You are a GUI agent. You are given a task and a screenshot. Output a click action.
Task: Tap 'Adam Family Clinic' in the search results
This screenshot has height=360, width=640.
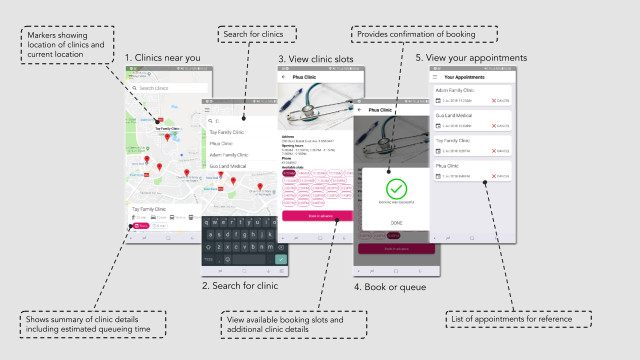[x=229, y=155]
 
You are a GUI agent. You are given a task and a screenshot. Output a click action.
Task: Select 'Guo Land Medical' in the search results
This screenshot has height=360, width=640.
[x=228, y=166]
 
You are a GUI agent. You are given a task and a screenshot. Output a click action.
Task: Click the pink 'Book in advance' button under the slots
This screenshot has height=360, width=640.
[x=320, y=216]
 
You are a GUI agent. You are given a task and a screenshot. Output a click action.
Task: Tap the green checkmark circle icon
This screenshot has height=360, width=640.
[x=396, y=188]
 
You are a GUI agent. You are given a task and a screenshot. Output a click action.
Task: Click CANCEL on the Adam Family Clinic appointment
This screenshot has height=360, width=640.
[x=500, y=100]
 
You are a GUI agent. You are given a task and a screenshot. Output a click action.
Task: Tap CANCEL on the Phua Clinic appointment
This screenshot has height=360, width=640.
[x=500, y=176]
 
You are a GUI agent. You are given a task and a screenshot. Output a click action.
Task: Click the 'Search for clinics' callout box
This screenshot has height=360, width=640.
[x=256, y=34]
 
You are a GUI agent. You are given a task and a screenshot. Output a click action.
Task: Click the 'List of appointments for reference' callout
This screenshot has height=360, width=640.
[x=518, y=319]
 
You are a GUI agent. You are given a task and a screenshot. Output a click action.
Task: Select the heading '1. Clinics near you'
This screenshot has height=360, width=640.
[x=162, y=58]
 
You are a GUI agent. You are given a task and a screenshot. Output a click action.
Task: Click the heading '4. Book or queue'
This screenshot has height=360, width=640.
[x=390, y=287]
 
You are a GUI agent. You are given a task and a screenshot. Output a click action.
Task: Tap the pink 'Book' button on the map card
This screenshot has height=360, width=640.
[x=141, y=226]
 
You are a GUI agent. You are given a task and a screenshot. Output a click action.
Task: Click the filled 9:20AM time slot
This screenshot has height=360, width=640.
[x=289, y=173]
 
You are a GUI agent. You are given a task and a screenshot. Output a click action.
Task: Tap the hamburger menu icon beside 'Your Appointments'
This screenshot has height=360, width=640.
[x=435, y=77]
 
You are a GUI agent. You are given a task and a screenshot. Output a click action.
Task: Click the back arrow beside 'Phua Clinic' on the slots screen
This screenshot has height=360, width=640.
[x=283, y=77]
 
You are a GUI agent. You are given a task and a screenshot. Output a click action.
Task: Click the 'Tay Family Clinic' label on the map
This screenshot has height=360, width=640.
[x=167, y=128]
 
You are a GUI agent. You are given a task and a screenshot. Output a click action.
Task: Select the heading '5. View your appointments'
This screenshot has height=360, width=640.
[x=471, y=58]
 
